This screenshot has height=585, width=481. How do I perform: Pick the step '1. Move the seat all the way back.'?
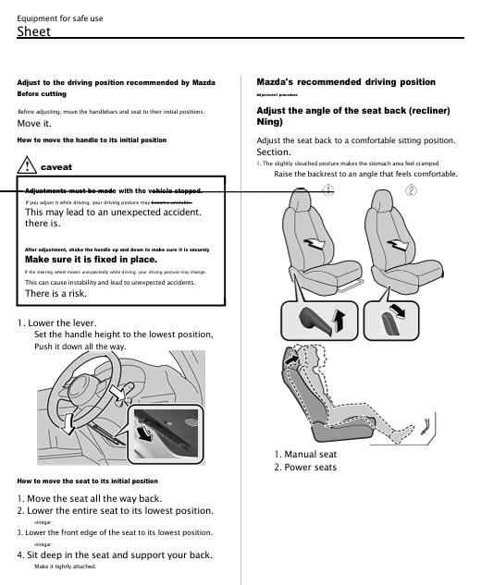(90, 498)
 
